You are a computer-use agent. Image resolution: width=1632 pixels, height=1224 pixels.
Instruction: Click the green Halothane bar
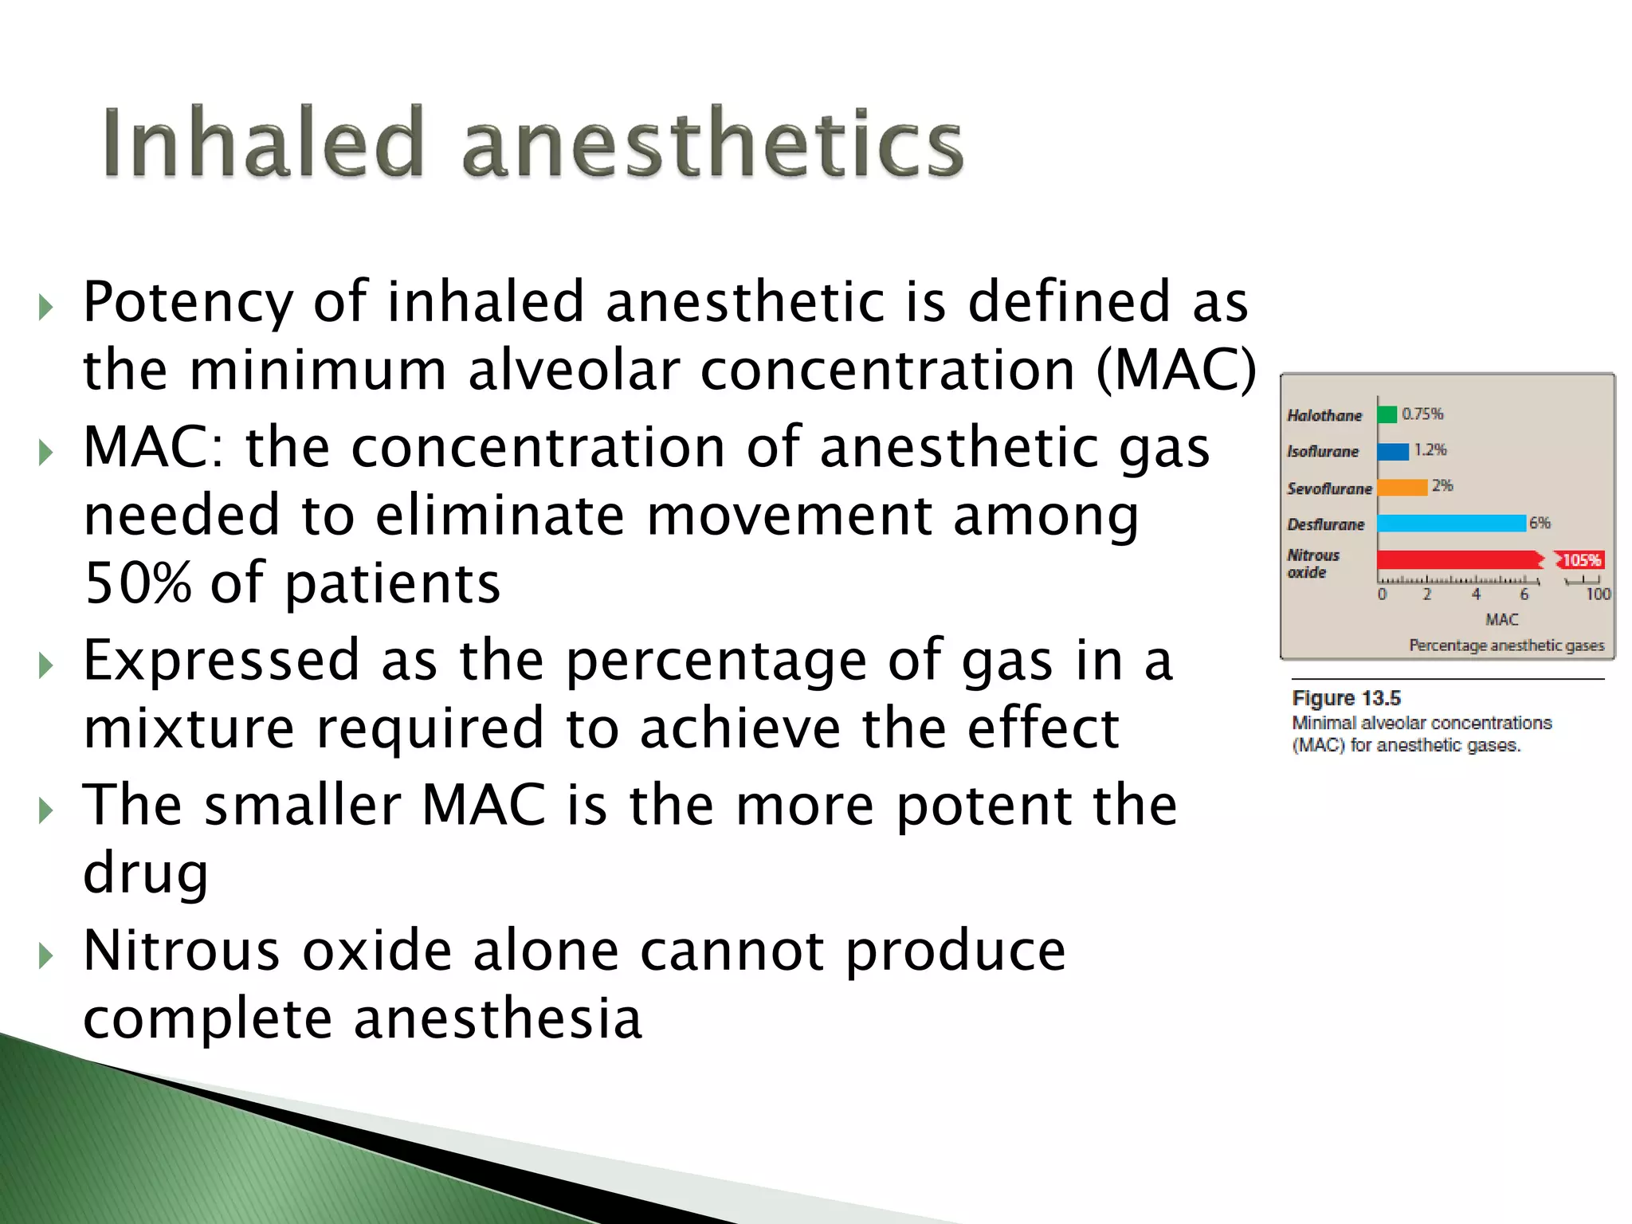click(1387, 414)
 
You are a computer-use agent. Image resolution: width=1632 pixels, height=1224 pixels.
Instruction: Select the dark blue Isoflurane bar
click(1393, 451)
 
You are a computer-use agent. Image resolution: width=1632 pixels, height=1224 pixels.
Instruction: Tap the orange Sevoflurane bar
click(1402, 487)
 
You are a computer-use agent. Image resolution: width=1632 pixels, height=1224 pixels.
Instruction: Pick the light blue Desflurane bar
click(1450, 524)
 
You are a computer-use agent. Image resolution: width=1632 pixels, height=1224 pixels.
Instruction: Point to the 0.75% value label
click(1422, 414)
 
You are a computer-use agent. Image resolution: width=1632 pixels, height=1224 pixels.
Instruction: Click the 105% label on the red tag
click(1581, 560)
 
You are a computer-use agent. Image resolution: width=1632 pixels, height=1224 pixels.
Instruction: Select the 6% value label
click(1540, 523)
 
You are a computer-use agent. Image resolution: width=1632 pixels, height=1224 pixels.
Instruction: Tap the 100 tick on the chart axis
click(1598, 594)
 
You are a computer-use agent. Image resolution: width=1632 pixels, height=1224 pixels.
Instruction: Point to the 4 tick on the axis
click(1476, 594)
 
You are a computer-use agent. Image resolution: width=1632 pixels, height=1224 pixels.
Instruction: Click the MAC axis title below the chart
click(1501, 619)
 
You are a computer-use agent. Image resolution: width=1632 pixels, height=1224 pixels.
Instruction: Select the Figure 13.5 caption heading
click(1346, 698)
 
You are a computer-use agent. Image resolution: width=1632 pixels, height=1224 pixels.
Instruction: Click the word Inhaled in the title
click(262, 143)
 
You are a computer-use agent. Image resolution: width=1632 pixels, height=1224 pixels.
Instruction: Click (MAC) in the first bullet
click(1176, 371)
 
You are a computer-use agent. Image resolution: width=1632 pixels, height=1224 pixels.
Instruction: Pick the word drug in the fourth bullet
click(146, 873)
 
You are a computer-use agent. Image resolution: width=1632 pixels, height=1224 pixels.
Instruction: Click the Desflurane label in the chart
click(1325, 524)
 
